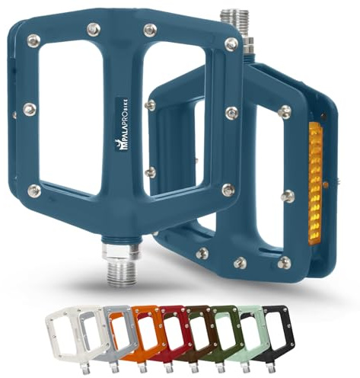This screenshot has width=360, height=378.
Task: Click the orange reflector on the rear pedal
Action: [315, 184]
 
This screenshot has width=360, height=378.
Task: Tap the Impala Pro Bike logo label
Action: [121, 125]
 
